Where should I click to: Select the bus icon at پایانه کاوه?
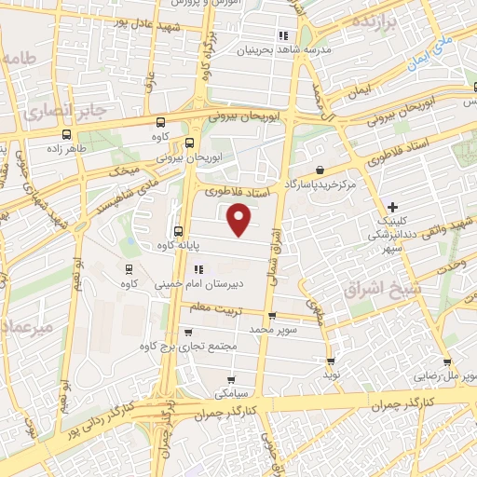(x=177, y=232)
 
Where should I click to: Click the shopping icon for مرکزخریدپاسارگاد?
(x=320, y=170)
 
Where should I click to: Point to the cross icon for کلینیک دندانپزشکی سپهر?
(x=392, y=206)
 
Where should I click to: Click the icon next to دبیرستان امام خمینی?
(x=197, y=269)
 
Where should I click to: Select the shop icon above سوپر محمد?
(x=271, y=316)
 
